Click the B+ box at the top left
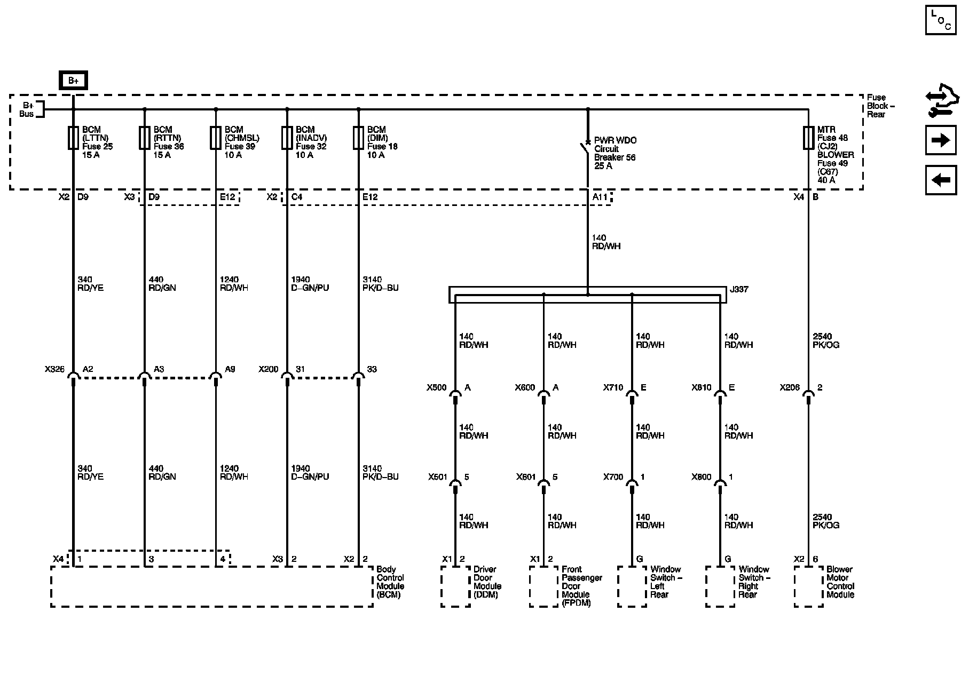click(x=73, y=81)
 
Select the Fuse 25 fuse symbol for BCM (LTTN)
click(x=73, y=138)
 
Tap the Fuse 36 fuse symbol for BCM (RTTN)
click(x=144, y=138)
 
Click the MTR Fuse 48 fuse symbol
click(x=808, y=138)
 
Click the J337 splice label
click(x=739, y=289)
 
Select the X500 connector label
click(x=436, y=388)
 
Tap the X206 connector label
click(x=789, y=388)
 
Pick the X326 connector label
click(x=54, y=369)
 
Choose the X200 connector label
click(x=269, y=369)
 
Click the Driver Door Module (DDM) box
click(x=455, y=586)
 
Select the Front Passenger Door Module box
click(x=543, y=586)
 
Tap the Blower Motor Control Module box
click(x=808, y=586)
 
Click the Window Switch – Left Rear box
click(x=632, y=586)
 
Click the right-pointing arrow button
click(x=940, y=140)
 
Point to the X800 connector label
click(x=701, y=477)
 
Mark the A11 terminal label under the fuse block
click(x=600, y=197)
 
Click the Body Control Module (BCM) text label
click(x=390, y=582)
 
